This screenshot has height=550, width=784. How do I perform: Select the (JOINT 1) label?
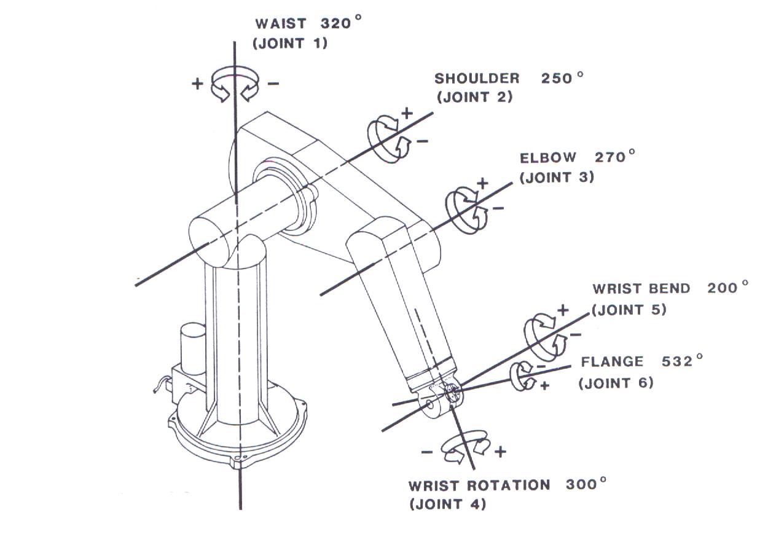tap(290, 44)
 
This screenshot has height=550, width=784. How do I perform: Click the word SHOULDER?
tap(477, 79)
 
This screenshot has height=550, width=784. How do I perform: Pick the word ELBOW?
tap(548, 158)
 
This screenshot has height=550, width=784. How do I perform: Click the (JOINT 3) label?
tap(557, 177)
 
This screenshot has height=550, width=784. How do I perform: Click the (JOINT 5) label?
tap(629, 310)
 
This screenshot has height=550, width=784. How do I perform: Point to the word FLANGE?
tap(612, 363)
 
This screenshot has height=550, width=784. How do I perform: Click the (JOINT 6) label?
tap(616, 383)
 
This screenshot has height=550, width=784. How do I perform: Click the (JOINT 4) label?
tap(447, 505)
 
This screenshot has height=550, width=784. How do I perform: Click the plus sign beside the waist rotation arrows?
tap(197, 84)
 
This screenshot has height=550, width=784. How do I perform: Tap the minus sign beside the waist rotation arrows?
tap(274, 84)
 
